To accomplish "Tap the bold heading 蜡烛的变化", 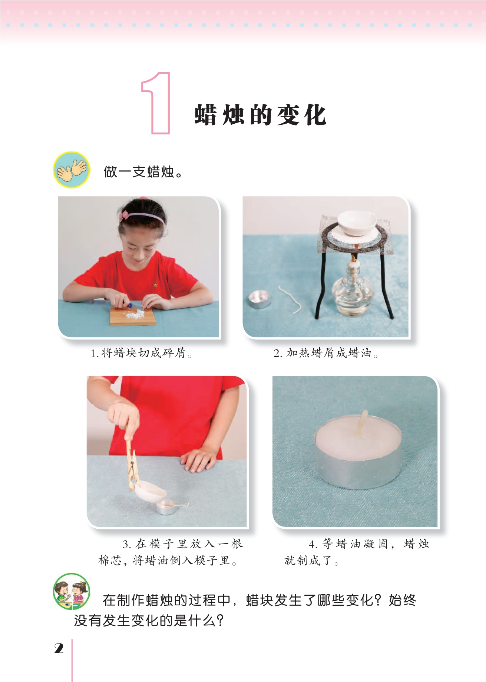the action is coord(261,115).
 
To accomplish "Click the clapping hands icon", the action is coord(72,170).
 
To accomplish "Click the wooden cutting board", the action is coord(132,317).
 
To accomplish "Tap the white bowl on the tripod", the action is coord(357,223).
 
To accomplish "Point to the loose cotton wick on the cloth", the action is coord(291,299).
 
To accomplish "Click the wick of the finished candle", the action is coord(362,422).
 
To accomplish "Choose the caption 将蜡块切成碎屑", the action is coord(143,353).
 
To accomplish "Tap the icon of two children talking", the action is coord(71,592).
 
